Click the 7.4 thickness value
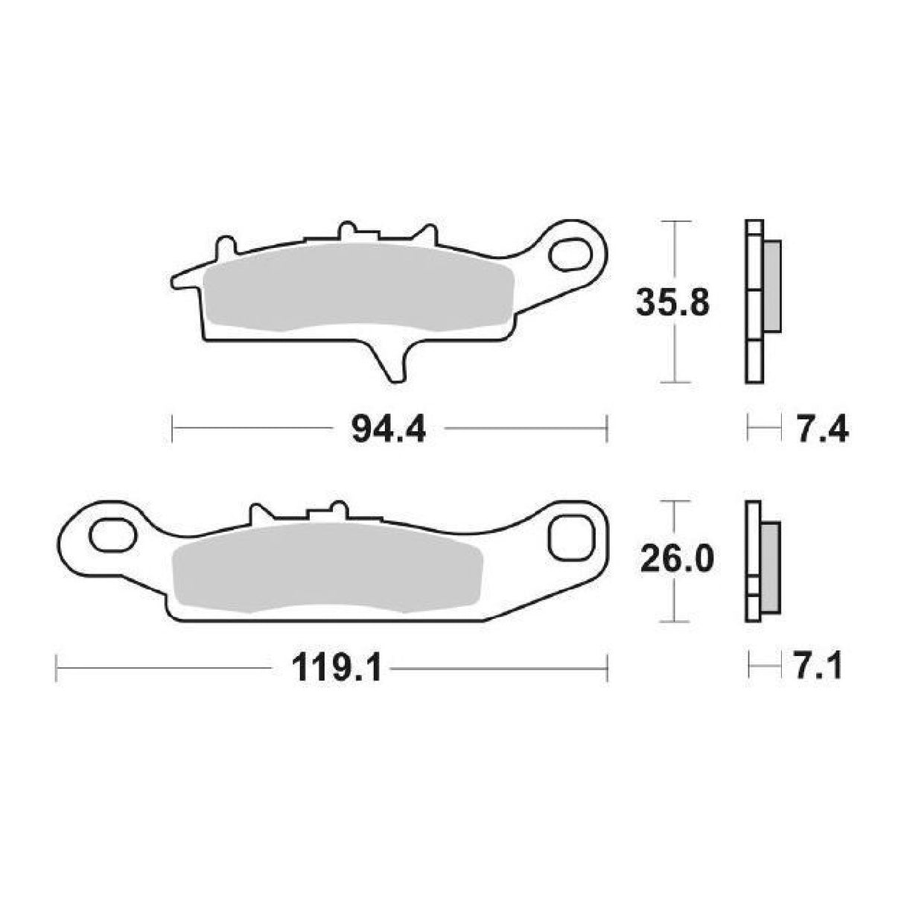821,430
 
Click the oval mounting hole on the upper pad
568,252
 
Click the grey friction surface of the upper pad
357,287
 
